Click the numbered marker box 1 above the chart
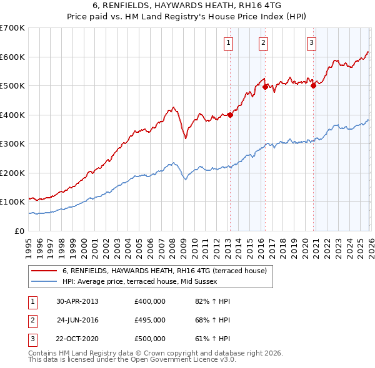[x=229, y=43]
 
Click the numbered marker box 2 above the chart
[x=264, y=43]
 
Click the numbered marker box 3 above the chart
[x=311, y=43]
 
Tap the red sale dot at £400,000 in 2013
[x=230, y=115]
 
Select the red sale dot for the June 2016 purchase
[x=265, y=87]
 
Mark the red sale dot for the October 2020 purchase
[x=313, y=86]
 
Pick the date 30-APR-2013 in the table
[x=77, y=301]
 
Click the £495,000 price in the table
[x=149, y=320]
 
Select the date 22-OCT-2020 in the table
[x=77, y=339]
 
